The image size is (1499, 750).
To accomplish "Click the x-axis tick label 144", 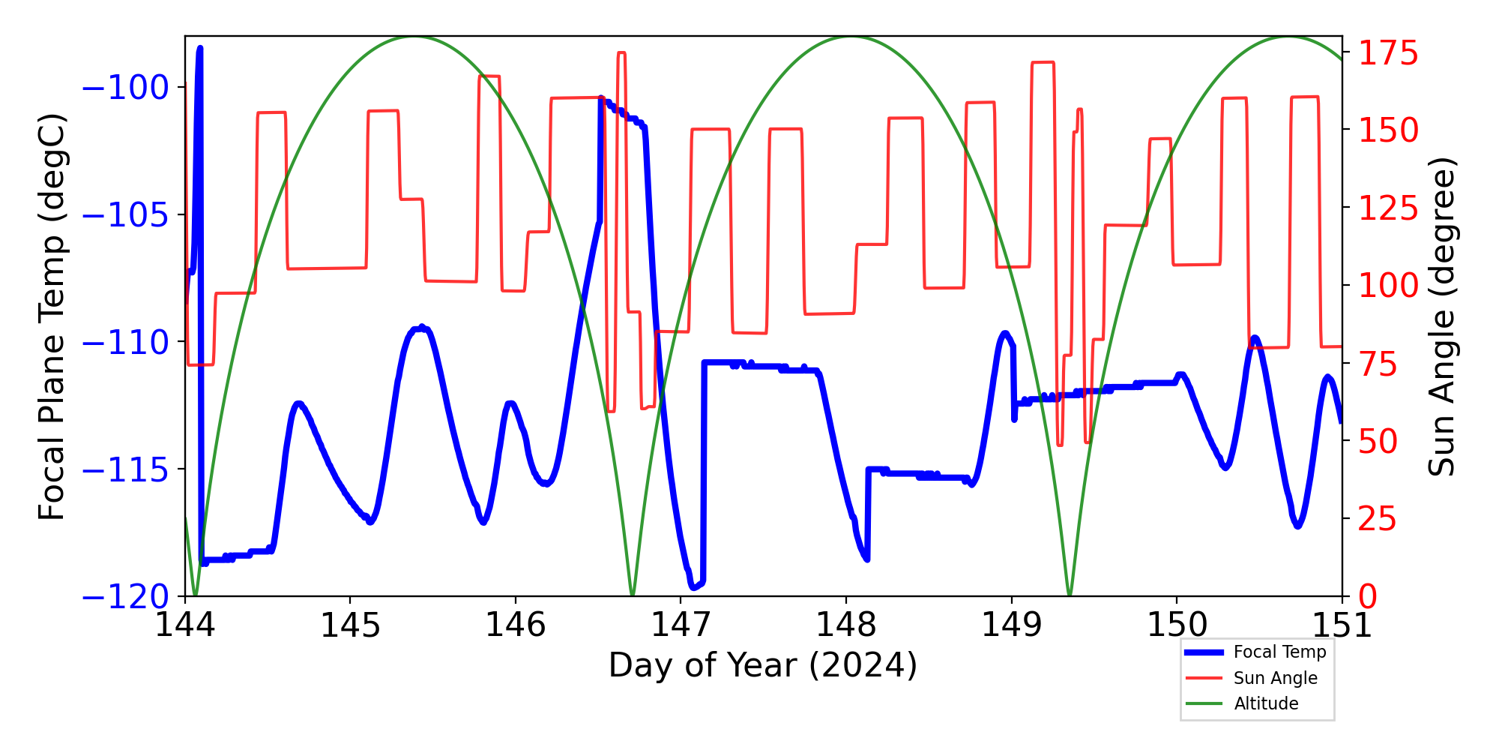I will point(184,625).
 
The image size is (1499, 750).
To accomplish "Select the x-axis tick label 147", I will point(681,625).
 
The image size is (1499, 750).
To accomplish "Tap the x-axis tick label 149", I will point(1011,625).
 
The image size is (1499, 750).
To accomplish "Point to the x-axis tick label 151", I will point(1342,625).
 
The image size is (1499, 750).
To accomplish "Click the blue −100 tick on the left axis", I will point(124,88).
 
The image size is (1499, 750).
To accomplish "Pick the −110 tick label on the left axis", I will point(124,343).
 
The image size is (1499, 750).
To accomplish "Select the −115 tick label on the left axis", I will point(124,470).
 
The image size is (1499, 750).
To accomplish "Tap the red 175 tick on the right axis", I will point(1388,54).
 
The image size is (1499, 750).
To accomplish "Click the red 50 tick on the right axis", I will point(1378,441).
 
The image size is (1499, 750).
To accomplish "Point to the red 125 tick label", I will point(1388,208).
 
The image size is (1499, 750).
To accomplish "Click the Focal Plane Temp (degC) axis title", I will point(52,316).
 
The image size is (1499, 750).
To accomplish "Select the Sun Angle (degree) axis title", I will point(1441,316).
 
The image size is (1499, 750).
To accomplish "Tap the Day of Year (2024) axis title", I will point(762,665).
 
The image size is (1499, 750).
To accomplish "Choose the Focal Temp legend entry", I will point(1279,652).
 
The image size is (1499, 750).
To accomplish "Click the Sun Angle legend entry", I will point(1275,678).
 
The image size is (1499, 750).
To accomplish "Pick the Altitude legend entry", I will point(1266,703).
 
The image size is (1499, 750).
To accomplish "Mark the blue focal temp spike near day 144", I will point(199,49).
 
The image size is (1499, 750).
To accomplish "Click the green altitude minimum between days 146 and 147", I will point(633,593).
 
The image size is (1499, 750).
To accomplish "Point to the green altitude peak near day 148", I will point(850,37).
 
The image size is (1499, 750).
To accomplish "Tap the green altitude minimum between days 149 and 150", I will point(1069,593).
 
